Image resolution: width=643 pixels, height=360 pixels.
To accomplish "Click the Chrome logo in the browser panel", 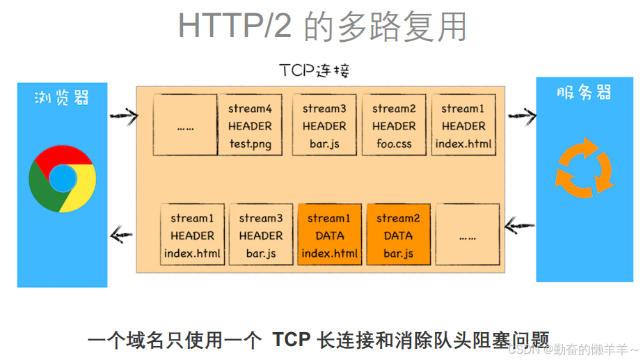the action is [63, 179].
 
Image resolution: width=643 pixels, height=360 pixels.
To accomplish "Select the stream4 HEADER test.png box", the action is [249, 126].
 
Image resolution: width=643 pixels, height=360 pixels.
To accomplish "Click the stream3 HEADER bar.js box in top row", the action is [324, 126].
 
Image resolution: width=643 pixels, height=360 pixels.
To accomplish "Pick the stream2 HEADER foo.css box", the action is [393, 126].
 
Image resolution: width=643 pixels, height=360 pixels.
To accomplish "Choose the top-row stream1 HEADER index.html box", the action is [463, 126].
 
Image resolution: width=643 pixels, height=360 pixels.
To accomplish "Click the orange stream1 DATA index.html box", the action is [330, 235].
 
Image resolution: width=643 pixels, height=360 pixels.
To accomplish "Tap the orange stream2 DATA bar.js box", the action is [399, 235].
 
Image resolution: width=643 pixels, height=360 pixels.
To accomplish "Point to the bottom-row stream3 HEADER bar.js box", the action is [261, 235].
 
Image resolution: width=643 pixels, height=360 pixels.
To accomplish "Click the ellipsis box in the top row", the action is [185, 126].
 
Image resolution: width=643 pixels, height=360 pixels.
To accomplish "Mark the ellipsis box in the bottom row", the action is [468, 235].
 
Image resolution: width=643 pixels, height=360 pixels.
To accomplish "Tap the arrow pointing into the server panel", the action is [522, 114].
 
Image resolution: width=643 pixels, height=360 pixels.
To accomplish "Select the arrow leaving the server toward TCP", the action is [519, 225].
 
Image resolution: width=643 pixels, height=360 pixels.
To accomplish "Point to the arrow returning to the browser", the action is [122, 234].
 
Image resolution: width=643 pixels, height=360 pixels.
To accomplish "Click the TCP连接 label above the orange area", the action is [315, 70].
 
